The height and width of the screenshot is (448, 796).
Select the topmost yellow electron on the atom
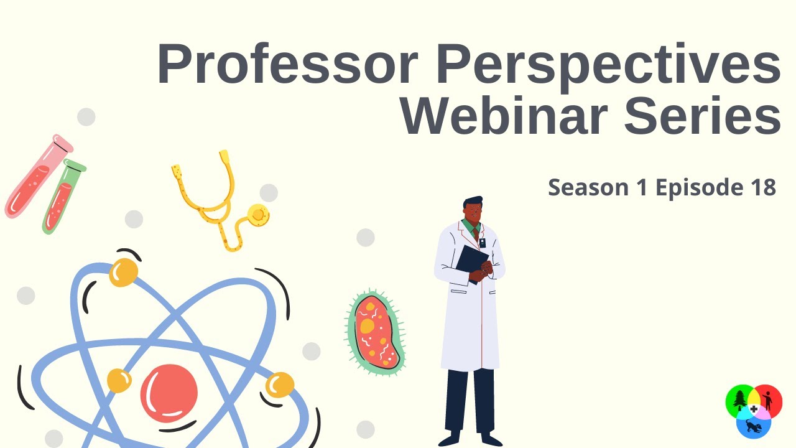[123, 273]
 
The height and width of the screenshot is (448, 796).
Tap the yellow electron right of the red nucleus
[280, 385]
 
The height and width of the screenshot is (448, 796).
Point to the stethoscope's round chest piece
[258, 215]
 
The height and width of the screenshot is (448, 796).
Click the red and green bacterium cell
[375, 332]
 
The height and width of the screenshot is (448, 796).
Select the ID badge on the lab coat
[482, 243]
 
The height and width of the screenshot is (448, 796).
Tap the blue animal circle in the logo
[754, 426]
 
